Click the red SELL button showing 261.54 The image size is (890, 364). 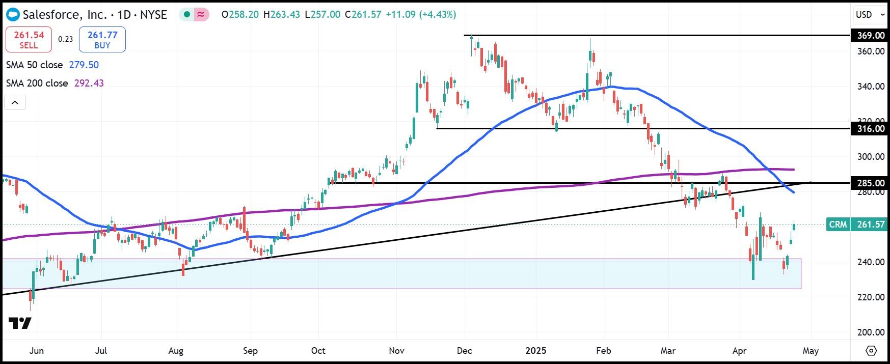click(29, 40)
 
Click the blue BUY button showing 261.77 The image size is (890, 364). click(102, 40)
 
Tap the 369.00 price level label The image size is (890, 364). click(870, 35)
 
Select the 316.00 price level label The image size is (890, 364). click(870, 129)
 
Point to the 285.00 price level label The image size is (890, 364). click(870, 183)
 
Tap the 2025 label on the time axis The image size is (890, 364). click(536, 351)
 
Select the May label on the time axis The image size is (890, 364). click(811, 351)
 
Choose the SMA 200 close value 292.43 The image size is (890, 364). click(89, 83)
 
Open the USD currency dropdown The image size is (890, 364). click(870, 15)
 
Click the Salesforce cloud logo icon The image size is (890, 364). click(13, 15)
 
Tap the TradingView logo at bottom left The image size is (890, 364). click(20, 323)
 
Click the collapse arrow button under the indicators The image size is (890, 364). click(15, 103)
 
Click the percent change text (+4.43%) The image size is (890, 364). click(437, 15)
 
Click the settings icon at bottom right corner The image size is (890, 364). click(871, 351)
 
